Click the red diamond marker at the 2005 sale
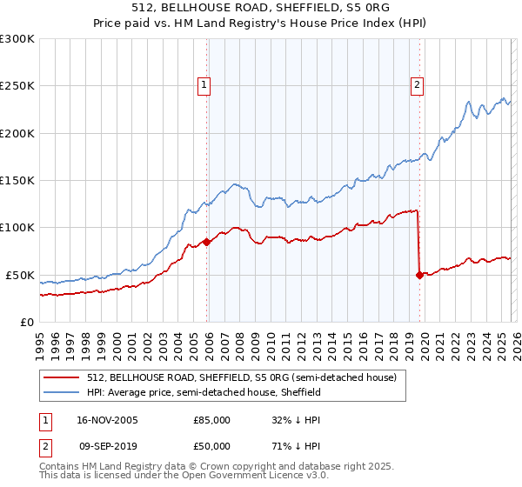[x=206, y=242]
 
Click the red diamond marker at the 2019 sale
[x=419, y=275]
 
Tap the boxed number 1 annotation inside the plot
[x=203, y=85]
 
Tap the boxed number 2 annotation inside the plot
[x=417, y=85]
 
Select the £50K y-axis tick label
[x=21, y=275]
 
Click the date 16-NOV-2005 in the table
[x=108, y=419]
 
